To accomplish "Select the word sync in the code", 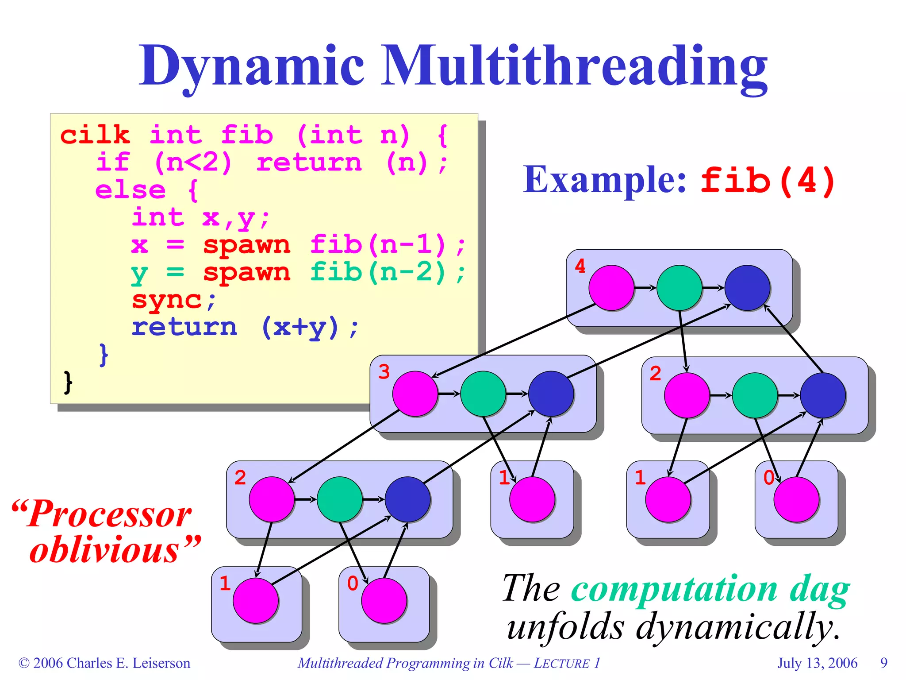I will point(167,300).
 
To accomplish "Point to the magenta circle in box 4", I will point(611,288).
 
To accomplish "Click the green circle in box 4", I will point(679,288).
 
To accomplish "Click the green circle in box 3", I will point(483,394).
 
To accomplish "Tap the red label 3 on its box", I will point(384,372).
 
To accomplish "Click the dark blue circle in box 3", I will point(551,394).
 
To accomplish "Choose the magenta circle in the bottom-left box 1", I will point(256,600).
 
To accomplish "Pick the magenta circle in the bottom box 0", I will point(384,600).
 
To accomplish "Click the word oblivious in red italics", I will point(104,550).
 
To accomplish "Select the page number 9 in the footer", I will point(884,663).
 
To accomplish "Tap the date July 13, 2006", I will point(818,663).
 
